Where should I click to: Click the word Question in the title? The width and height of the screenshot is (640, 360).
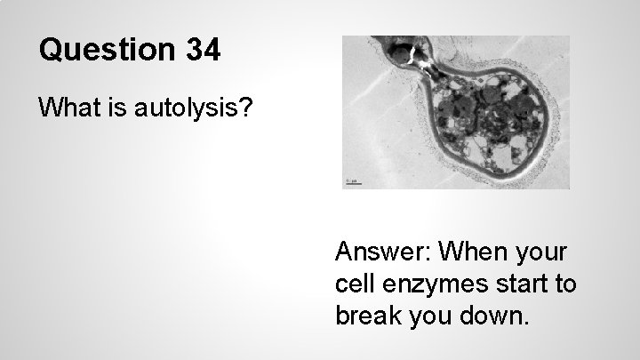click(x=108, y=50)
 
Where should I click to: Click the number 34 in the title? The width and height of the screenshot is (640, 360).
click(x=204, y=50)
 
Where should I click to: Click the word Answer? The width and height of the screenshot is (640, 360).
click(x=380, y=253)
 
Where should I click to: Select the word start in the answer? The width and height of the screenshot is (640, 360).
click(x=526, y=285)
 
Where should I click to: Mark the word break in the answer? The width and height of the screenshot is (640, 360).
click(x=367, y=316)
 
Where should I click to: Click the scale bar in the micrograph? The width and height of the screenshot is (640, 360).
click(x=352, y=184)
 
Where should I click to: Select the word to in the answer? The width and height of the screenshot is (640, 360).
click(x=567, y=285)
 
